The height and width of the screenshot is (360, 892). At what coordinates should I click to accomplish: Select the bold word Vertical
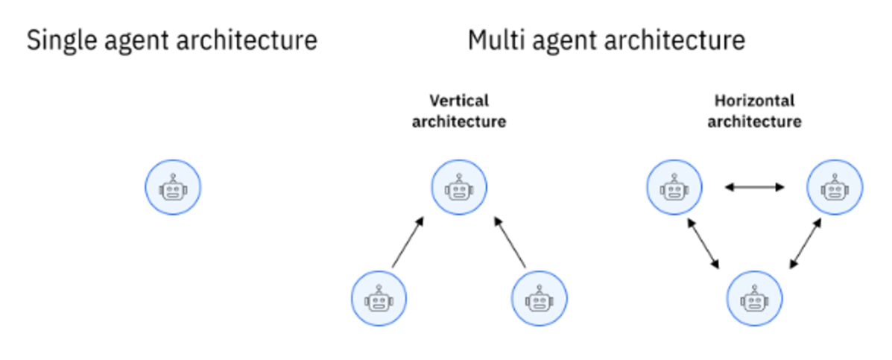click(x=459, y=101)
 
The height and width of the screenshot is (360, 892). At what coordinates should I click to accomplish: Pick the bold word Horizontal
click(x=754, y=101)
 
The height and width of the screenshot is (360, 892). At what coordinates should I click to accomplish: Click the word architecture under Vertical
click(x=459, y=121)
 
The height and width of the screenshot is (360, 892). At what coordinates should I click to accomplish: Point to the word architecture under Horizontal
click(x=754, y=121)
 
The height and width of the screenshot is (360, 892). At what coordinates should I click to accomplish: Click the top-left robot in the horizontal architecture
click(x=674, y=187)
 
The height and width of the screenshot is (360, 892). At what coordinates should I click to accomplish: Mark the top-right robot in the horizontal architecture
click(x=835, y=187)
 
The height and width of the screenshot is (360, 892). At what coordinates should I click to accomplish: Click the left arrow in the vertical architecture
click(x=408, y=242)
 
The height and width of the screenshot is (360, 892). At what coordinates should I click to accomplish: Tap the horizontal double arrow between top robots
click(x=754, y=187)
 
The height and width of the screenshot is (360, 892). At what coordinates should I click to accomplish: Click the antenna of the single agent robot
click(x=173, y=177)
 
